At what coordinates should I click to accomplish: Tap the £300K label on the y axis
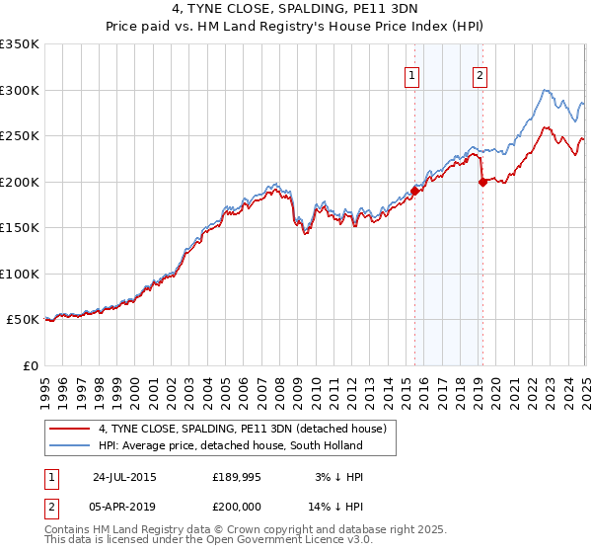19,91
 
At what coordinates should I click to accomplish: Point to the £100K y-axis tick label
19,275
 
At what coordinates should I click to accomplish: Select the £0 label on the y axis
30,366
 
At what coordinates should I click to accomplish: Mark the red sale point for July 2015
415,192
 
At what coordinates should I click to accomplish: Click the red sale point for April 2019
482,182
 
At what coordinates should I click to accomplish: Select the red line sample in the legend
70,429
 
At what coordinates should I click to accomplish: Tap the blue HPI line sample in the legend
70,445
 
